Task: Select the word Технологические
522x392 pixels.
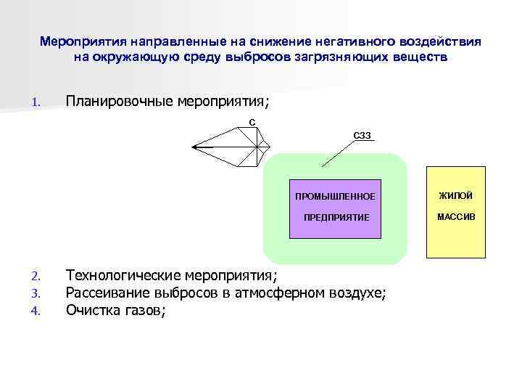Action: (x=123, y=275)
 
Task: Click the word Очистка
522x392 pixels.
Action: (x=91, y=310)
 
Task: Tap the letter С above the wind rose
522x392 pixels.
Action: (x=252, y=121)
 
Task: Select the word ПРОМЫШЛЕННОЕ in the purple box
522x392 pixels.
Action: (x=335, y=197)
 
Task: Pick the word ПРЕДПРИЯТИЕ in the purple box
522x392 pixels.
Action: (x=336, y=217)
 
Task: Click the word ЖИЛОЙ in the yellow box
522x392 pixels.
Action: (x=456, y=196)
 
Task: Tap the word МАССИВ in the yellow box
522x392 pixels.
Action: (x=457, y=216)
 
